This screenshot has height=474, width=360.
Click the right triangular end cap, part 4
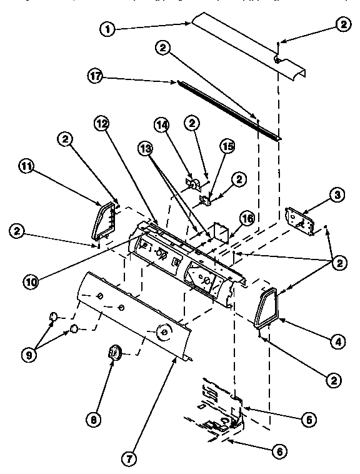(266, 308)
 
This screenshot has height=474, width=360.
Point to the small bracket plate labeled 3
(298, 220)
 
